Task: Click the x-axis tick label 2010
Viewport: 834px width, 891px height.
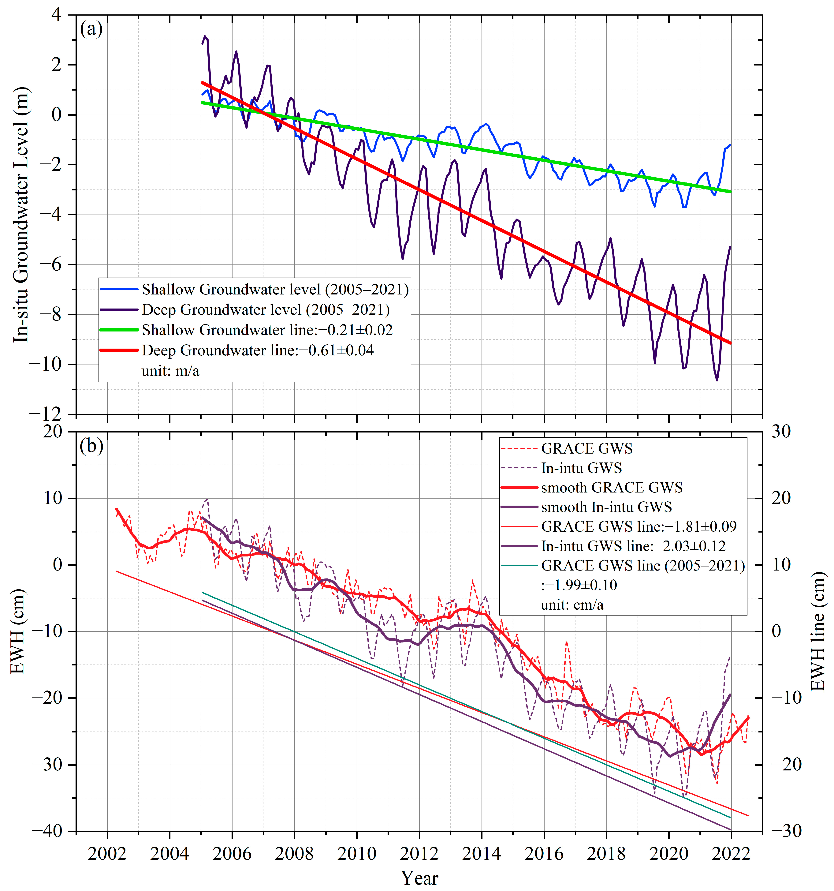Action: (357, 854)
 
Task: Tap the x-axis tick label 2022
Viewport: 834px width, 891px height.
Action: (731, 854)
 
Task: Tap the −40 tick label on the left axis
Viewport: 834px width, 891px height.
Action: (47, 830)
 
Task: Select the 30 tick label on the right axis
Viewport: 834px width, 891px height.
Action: (781, 432)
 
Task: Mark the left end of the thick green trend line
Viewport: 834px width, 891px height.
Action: (202, 103)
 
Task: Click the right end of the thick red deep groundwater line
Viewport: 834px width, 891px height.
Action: (731, 343)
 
